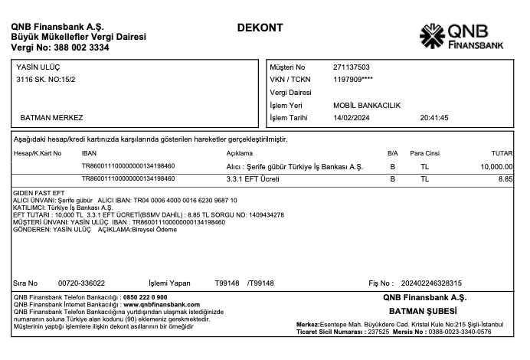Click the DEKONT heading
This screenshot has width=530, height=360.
click(x=260, y=28)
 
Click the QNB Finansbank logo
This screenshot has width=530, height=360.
click(x=462, y=35)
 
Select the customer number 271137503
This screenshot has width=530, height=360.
click(x=352, y=67)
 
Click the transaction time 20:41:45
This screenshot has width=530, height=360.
click(x=434, y=118)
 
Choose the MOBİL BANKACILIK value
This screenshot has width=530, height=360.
click(x=368, y=105)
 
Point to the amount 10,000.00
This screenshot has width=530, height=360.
click(x=496, y=166)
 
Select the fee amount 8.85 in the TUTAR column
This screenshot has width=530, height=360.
click(x=505, y=178)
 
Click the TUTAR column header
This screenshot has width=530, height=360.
click(x=502, y=153)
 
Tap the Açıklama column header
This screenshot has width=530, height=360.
click(x=229, y=153)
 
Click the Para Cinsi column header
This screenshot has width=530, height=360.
click(x=425, y=153)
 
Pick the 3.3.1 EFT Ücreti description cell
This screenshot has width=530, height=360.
click(x=249, y=178)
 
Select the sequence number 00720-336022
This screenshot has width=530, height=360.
click(x=82, y=283)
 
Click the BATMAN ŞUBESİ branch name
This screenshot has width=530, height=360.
click(x=423, y=312)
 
